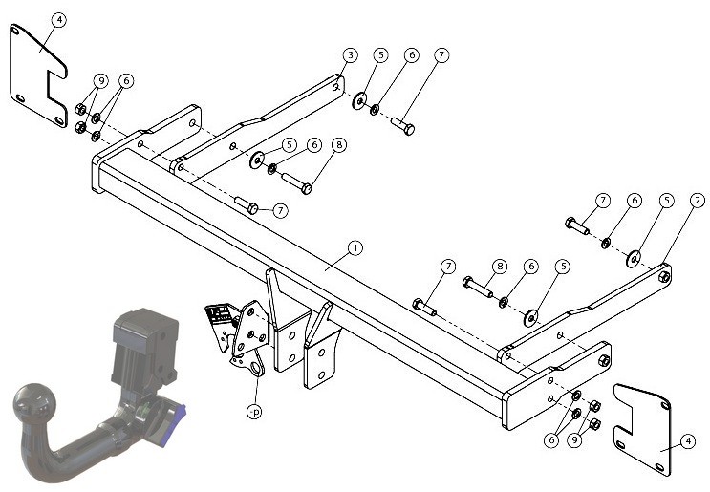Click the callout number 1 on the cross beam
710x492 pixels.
tap(355, 248)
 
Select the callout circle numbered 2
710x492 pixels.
tap(698, 200)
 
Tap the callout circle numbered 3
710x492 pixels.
tap(350, 55)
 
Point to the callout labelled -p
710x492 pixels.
tap(255, 412)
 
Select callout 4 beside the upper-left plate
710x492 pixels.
tap(59, 20)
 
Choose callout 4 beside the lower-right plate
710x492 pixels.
tap(688, 440)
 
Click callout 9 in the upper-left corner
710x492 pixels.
tap(100, 81)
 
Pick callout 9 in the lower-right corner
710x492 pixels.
tap(574, 440)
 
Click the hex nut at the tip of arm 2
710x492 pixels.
tap(664, 277)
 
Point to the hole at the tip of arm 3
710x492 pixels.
tap(336, 87)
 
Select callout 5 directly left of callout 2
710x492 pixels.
tap(667, 200)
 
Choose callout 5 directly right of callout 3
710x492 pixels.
tap(381, 55)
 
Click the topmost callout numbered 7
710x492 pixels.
tap(441, 55)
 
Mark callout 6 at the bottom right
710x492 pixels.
tap(551, 440)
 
